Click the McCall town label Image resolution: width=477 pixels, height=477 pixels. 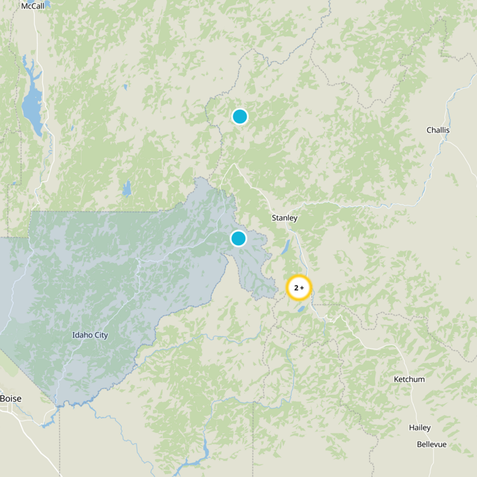(x=32, y=6)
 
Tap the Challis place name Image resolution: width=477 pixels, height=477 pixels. (x=438, y=130)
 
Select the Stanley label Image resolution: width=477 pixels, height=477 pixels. (x=284, y=218)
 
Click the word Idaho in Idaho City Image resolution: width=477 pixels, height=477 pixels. (x=82, y=335)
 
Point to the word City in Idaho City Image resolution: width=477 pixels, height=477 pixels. (x=101, y=335)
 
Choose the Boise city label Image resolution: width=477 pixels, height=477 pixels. (x=10, y=398)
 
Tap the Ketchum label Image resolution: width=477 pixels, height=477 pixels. (x=409, y=379)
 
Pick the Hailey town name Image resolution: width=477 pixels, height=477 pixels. (x=420, y=428)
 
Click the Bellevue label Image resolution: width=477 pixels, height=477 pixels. (x=431, y=445)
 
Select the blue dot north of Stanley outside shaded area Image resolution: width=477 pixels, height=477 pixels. (x=240, y=116)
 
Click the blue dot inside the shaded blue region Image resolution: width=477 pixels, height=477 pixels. (x=238, y=238)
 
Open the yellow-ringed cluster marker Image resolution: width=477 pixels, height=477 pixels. (x=299, y=288)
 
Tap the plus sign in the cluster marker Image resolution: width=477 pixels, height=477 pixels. (x=303, y=288)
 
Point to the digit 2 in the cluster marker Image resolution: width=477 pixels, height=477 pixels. (x=296, y=288)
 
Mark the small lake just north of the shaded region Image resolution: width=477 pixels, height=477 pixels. (x=126, y=189)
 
